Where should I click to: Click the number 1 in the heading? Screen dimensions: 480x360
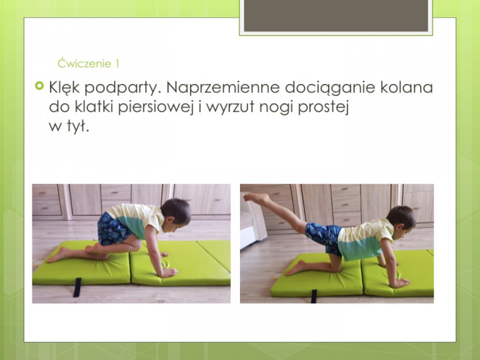(117, 64)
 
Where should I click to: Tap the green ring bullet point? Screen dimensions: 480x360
(39, 86)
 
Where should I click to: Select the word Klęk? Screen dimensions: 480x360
(64, 87)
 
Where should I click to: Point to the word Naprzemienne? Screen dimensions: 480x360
(223, 87)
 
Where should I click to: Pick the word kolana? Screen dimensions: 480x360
(407, 87)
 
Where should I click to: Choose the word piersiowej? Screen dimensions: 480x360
(156, 107)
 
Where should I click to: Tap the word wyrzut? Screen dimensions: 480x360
(230, 108)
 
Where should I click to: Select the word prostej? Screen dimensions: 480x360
(323, 108)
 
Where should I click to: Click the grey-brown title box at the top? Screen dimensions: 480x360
(336, 16)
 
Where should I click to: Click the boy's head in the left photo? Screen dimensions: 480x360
(176, 212)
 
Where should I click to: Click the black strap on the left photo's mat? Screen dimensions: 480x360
(77, 288)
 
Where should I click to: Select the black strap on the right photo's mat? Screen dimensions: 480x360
(314, 296)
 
